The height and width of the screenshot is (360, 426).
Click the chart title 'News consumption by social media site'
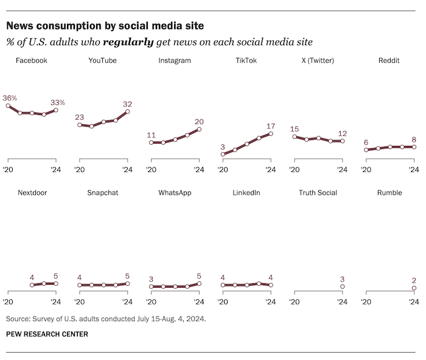[x=105, y=26]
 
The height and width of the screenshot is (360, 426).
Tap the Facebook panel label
[x=31, y=61]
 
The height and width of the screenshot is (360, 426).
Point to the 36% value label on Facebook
[x=10, y=97]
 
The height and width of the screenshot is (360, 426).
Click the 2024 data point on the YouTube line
[x=127, y=111]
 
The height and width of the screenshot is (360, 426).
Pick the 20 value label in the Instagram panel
[x=199, y=121]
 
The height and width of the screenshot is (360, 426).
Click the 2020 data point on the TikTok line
[x=223, y=154]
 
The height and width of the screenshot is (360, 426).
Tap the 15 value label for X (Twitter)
[x=295, y=129]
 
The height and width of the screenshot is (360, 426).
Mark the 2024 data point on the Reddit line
[x=414, y=147]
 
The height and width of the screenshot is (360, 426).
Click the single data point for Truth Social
[x=342, y=286]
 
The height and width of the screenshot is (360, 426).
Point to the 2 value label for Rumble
[x=414, y=280]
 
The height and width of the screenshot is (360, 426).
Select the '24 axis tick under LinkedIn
[x=270, y=301]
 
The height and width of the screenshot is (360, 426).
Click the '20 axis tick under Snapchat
[x=80, y=301]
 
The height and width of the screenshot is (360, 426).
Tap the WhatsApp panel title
[x=175, y=193]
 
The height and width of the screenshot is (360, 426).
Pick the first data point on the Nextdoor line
[x=32, y=285]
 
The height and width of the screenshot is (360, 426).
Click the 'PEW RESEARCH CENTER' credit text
[x=47, y=334]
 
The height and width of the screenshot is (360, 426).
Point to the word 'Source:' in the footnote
[x=18, y=319]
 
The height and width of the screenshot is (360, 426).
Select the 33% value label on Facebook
[x=57, y=102]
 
